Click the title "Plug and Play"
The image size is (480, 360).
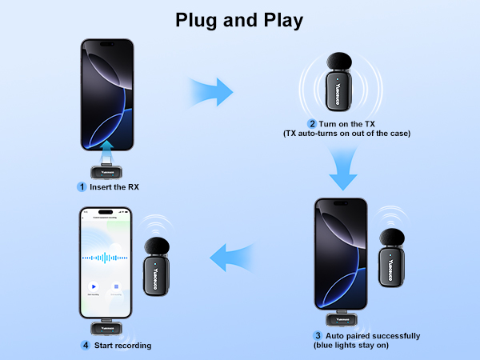[239, 20]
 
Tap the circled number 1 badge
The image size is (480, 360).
[81, 186]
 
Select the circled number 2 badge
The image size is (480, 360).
[312, 123]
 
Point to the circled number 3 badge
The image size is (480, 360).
[318, 336]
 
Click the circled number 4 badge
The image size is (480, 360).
[85, 346]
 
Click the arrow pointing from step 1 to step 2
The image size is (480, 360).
[210, 91]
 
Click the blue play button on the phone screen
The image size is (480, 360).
[94, 286]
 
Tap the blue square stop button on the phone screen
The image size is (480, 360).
[117, 286]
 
